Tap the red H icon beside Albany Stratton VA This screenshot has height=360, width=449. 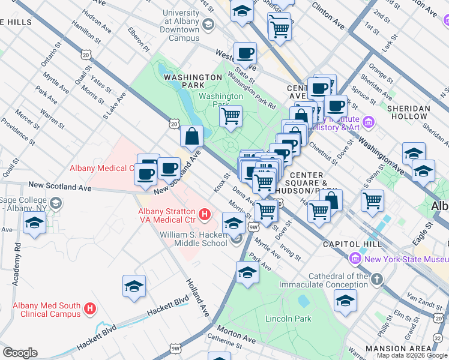(205, 214)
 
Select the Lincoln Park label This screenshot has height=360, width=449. (288, 319)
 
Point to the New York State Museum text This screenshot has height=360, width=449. (406, 259)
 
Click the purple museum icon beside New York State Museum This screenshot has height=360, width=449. (355, 259)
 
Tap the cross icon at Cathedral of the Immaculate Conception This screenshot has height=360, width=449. (376, 280)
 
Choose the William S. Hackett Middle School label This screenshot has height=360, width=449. (193, 238)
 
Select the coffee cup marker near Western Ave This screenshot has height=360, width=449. (245, 53)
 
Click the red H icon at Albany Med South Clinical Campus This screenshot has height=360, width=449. (90, 309)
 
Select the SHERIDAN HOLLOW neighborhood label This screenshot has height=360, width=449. (425, 113)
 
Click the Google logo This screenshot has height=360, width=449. (20, 353)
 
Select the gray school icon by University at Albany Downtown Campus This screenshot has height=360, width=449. (208, 25)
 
